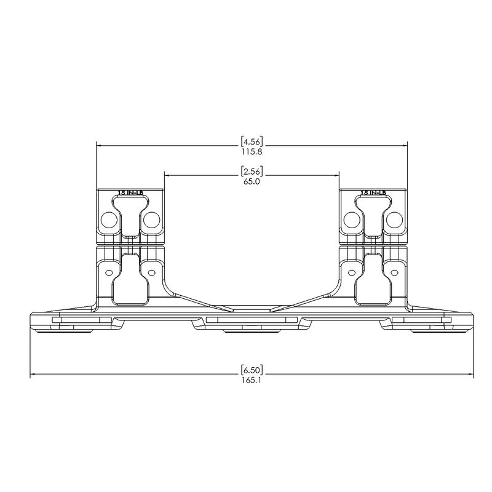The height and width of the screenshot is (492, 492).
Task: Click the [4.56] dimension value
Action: pyautogui.click(x=252, y=140)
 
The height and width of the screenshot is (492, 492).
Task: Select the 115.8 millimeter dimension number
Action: pyautogui.click(x=252, y=151)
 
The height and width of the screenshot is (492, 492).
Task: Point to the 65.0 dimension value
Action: pyautogui.click(x=252, y=181)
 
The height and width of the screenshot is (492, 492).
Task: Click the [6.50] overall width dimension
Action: pyautogui.click(x=252, y=370)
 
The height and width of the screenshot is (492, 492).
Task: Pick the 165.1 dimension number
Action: pyautogui.click(x=252, y=381)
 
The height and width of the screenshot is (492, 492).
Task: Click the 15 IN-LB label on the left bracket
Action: pyautogui.click(x=130, y=192)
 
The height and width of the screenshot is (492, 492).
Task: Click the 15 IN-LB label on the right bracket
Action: pyautogui.click(x=373, y=192)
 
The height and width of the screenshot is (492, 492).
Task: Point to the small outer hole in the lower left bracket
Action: pyautogui.click(x=109, y=271)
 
